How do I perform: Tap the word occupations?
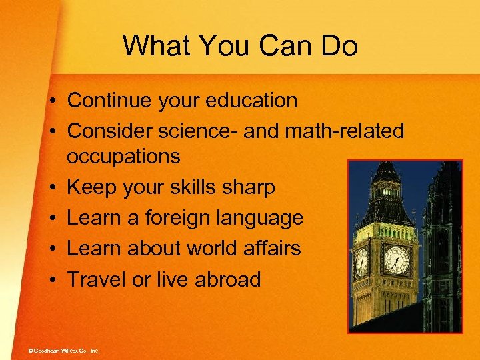[123, 157]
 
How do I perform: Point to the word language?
[261, 218]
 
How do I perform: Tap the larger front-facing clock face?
[397, 259]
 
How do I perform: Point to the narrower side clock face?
[362, 261]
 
